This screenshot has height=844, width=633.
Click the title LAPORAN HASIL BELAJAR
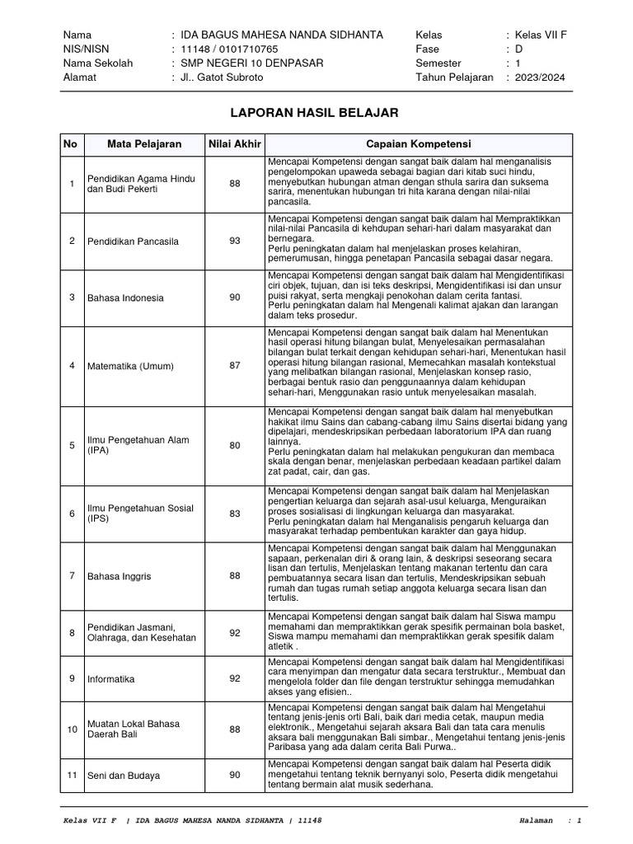316,112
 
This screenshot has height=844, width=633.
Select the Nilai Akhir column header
235,144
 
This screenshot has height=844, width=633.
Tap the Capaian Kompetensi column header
418,144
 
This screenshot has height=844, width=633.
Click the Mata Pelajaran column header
144,144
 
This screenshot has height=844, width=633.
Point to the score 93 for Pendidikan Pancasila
235,241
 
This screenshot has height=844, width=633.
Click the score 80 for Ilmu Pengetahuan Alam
235,445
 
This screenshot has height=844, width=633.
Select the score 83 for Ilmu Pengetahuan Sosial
235,513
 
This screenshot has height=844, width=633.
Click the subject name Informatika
111,678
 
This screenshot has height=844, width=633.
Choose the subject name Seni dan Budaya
124,776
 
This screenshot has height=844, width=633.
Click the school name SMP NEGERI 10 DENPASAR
247,63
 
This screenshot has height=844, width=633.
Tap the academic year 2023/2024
542,77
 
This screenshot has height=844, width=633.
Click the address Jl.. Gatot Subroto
217,77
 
